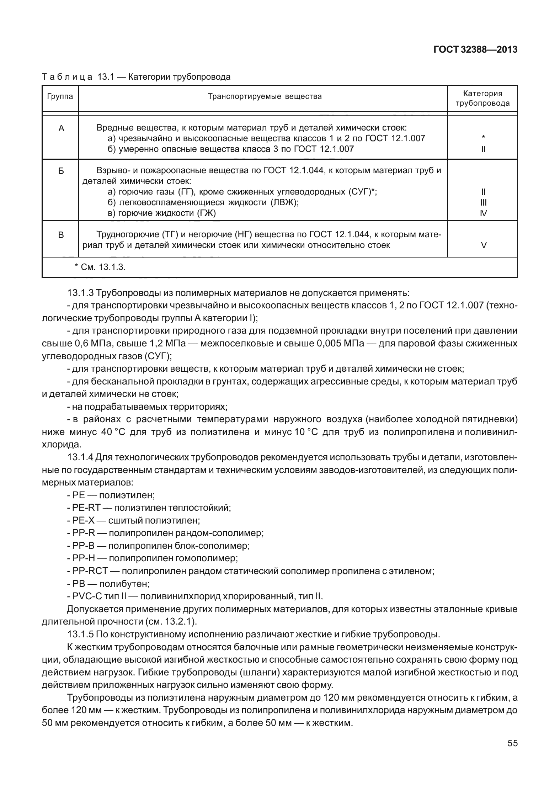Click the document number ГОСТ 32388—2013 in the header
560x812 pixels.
pyautogui.click(x=475, y=49)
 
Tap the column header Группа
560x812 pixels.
pyautogui.click(x=60, y=96)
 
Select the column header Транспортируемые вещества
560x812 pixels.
pyautogui.click(x=265, y=96)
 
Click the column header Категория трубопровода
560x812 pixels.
pyautogui.click(x=482, y=99)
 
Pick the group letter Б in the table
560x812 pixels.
pyautogui.click(x=61, y=171)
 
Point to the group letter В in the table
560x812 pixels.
pyautogui.click(x=61, y=235)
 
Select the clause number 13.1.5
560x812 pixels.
pyautogui.click(x=80, y=634)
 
